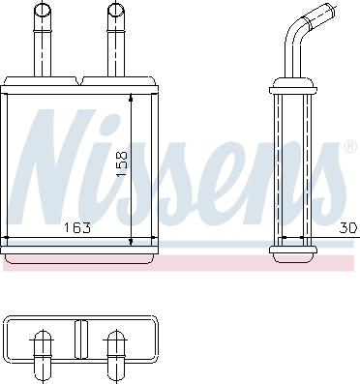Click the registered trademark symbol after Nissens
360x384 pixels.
pyautogui.click(x=349, y=147)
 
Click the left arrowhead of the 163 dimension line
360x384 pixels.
pyautogui.click(x=9, y=239)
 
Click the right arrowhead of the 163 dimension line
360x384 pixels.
pyautogui.click(x=152, y=239)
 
